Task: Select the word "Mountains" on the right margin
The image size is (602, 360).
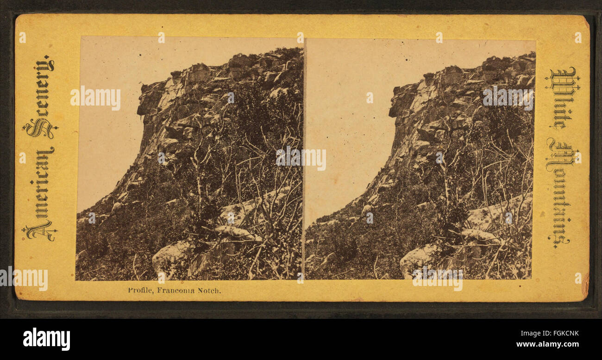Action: tap(561, 192)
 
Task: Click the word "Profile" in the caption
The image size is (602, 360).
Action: tap(140, 291)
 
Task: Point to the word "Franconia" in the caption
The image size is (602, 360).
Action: tap(176, 291)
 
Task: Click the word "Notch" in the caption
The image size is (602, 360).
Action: tap(209, 291)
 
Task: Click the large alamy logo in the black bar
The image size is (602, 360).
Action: tap(46, 339)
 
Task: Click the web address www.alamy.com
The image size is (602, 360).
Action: tap(550, 344)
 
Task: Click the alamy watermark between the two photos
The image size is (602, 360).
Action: tap(301, 158)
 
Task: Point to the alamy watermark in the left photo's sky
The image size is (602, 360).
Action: tap(95, 97)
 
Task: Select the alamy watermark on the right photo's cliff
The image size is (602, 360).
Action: tap(508, 97)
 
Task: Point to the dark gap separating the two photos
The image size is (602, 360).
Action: tap(304, 208)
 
